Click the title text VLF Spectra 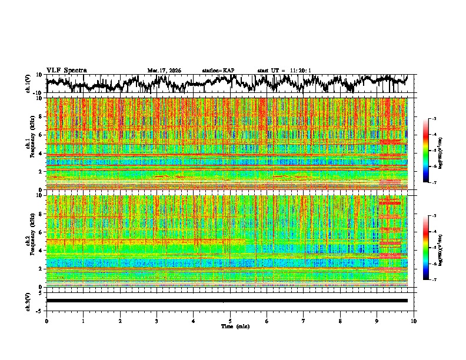pos(66,70)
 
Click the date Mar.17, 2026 pos(164,71)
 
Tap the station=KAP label pos(218,71)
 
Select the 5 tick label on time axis pos(230,321)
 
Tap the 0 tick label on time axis pos(46,321)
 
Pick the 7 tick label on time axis pos(304,321)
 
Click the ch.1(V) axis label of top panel pos(28,84)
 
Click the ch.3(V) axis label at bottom pos(28,301)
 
